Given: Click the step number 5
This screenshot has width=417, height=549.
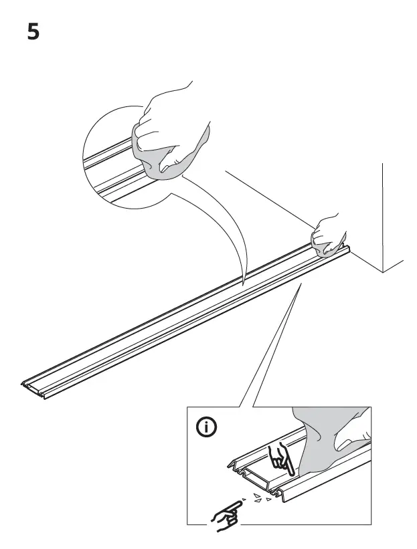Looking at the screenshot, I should [x=33, y=31].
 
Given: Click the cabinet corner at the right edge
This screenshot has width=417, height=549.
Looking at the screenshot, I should [x=382, y=271].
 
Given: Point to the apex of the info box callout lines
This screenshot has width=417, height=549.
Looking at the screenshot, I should [x=300, y=284].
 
